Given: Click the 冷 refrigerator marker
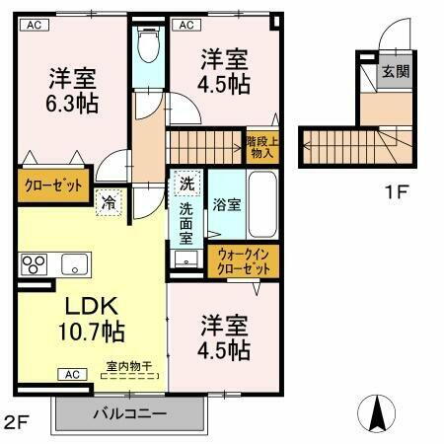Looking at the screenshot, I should point(109,200).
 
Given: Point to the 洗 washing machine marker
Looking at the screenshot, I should point(186,183).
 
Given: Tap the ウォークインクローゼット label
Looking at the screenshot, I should point(244,262).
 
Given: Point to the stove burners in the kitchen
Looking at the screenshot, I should point(36,265).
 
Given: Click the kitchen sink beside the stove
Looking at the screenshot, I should point(74,264).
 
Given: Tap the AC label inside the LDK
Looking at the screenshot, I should point(71,374).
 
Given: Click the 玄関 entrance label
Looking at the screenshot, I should point(398,72).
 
